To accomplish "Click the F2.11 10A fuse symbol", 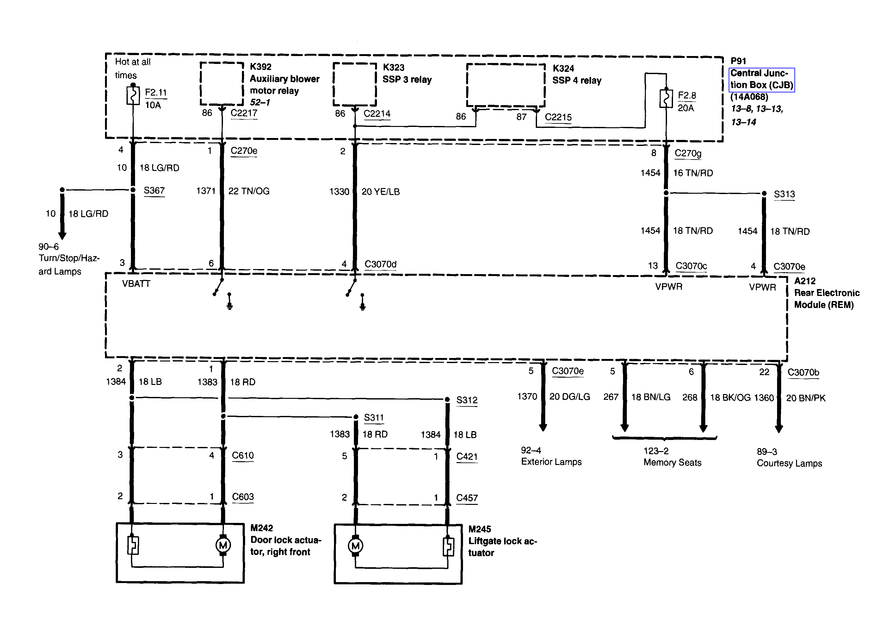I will (x=133, y=96).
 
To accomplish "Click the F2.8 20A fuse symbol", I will (x=666, y=99).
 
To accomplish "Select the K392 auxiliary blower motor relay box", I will (x=222, y=84).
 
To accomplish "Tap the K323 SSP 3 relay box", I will (x=355, y=84).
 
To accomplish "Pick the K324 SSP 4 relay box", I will (x=505, y=85).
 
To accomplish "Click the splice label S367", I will (x=154, y=191).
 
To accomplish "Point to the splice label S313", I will (x=784, y=194).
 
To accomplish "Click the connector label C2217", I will (x=244, y=113).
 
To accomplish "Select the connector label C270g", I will (x=688, y=153).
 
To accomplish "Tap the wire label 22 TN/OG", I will (x=249, y=191).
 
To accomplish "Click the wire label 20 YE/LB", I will (x=380, y=192).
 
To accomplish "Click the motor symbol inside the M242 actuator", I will (x=223, y=545).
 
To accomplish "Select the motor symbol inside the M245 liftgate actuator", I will (x=355, y=546).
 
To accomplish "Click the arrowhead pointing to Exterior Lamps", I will (x=543, y=427).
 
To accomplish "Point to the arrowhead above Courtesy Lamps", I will (x=779, y=429).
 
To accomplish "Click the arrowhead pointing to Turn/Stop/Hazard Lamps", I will (x=62, y=235).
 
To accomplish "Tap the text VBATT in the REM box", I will (x=136, y=284).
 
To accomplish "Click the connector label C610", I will (x=243, y=455).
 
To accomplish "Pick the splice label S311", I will (x=374, y=418).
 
